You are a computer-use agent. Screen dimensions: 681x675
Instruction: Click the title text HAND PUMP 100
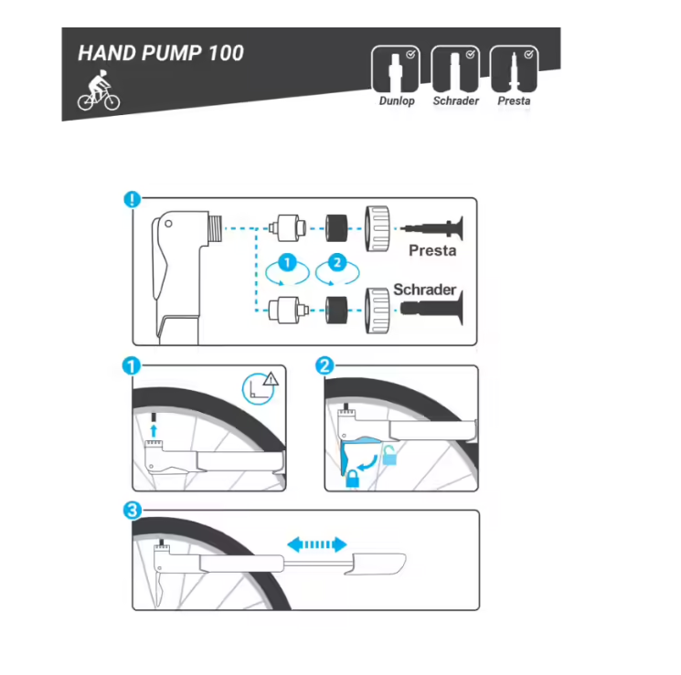coord(161,53)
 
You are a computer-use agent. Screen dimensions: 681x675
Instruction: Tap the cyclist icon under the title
coord(99,90)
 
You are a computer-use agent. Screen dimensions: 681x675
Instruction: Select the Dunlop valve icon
coord(396,69)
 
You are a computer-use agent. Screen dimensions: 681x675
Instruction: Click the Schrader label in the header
coord(455,100)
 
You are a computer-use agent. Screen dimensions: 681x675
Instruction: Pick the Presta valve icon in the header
coord(514,69)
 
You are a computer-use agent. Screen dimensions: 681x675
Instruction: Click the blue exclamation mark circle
coord(133,199)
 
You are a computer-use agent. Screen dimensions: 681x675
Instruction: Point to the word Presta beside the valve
coord(432,250)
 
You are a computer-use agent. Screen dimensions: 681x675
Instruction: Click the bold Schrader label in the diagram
coord(424,290)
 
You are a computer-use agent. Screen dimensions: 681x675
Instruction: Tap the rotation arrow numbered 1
coord(287,273)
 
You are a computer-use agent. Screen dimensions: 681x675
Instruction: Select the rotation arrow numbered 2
coord(337,273)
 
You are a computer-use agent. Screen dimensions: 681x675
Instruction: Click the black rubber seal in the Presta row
coord(336,228)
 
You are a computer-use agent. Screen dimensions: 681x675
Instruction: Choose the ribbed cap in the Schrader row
coord(377,310)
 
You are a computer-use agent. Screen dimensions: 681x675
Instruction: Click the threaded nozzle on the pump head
coord(215,228)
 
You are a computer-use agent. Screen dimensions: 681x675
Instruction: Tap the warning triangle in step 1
coord(271,379)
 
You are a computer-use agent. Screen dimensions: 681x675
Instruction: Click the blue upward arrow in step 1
coord(154,431)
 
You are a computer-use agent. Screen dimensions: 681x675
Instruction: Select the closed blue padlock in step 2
coord(352,479)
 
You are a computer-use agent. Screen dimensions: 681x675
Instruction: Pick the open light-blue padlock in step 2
coord(389,456)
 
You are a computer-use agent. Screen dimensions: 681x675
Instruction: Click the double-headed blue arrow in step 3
coord(317,544)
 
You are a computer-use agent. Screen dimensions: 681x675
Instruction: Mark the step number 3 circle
coord(133,510)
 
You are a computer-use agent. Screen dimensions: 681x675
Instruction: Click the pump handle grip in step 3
coord(376,564)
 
